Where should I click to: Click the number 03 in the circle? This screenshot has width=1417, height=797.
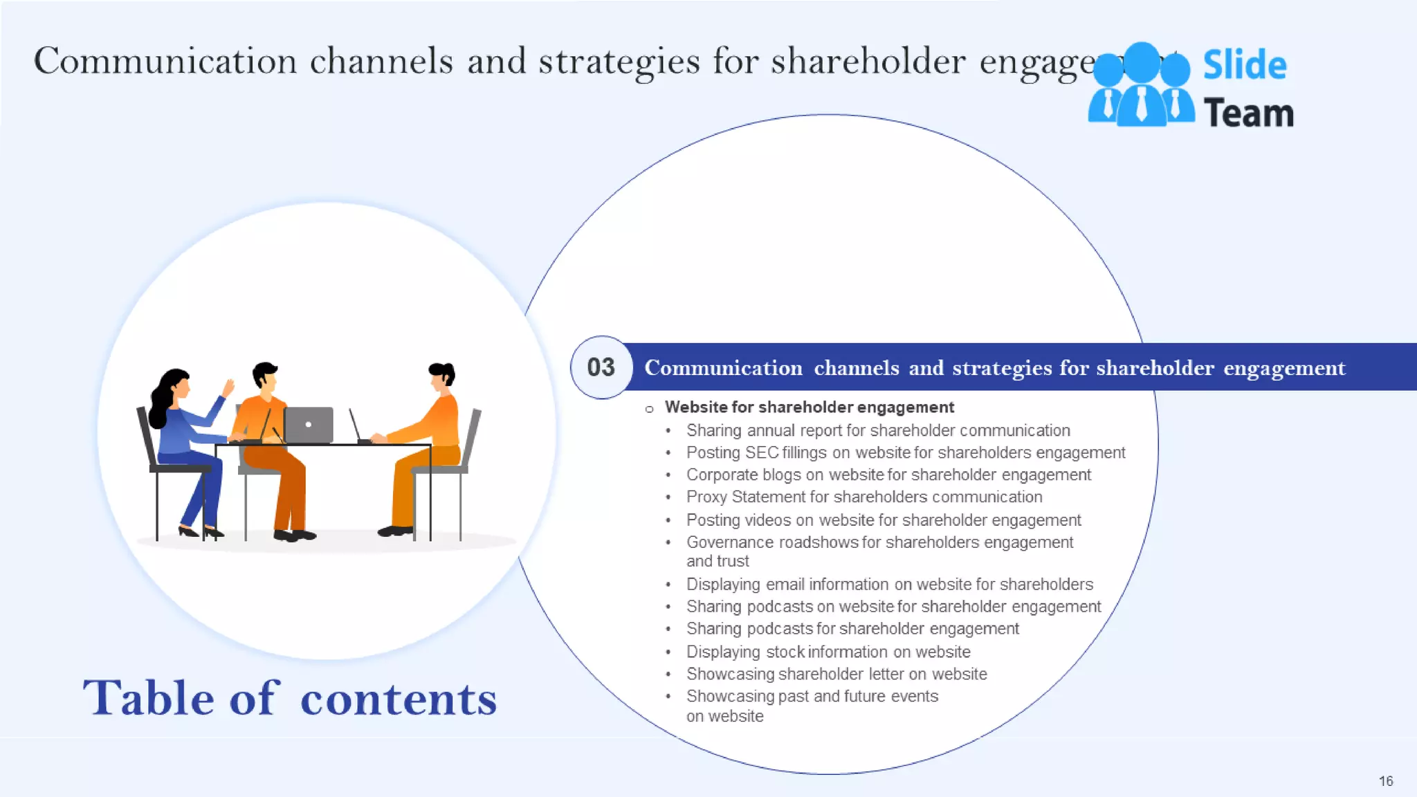point(601,367)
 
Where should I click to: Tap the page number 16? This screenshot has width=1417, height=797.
point(1385,781)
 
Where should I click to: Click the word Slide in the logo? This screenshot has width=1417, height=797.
point(1244,65)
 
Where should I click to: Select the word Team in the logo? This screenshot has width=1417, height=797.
point(1248,113)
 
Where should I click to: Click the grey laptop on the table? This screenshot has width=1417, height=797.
point(309,424)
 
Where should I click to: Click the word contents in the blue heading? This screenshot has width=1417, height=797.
point(399,699)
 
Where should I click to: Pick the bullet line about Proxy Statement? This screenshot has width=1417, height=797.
point(863,497)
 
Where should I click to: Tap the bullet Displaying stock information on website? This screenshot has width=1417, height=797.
point(828,652)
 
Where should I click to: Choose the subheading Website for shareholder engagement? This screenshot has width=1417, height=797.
point(809,407)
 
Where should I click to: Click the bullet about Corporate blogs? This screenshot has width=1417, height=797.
point(888,475)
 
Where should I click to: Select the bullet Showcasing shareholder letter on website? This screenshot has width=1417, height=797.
point(836,674)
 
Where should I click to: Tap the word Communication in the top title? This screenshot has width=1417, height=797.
point(165,61)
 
